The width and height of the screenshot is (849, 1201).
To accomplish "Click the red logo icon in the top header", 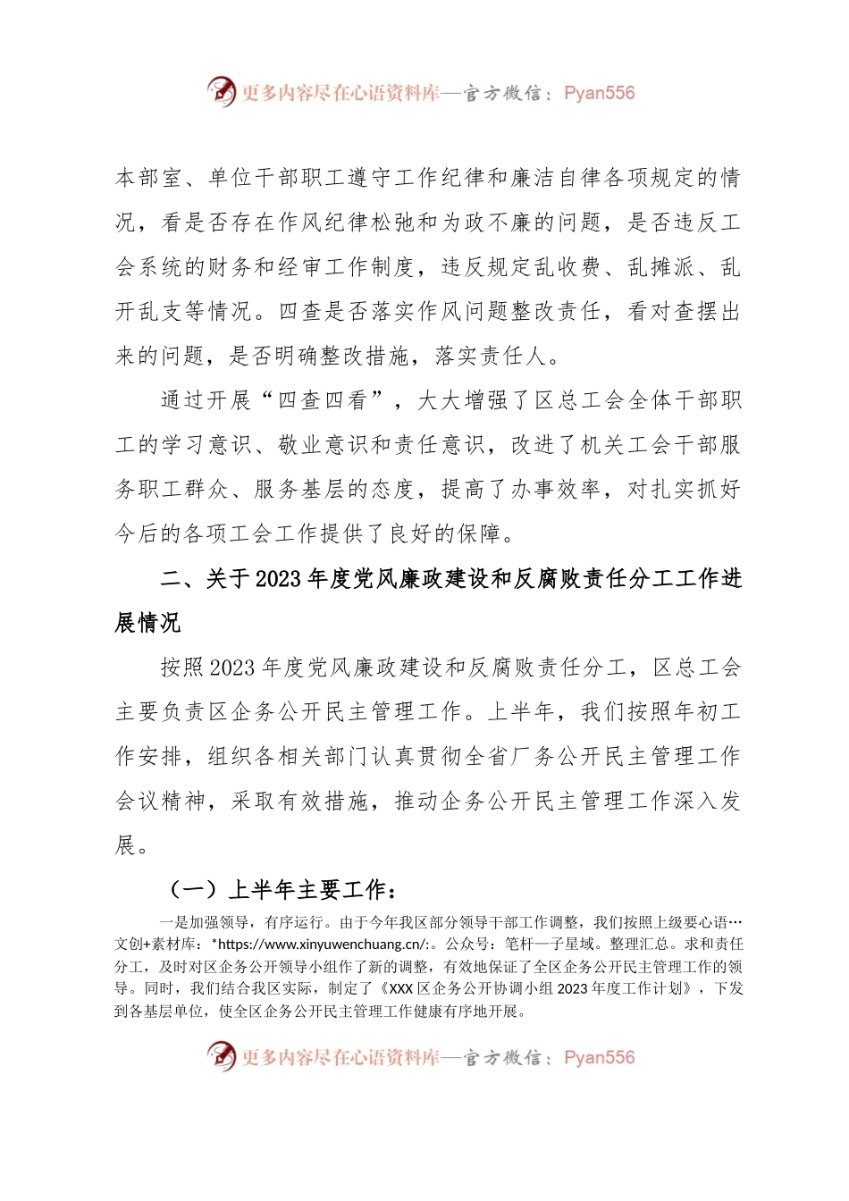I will [x=221, y=92].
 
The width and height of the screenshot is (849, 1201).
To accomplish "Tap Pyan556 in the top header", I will [x=599, y=93].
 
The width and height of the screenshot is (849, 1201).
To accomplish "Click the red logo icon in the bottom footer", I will [x=221, y=1056].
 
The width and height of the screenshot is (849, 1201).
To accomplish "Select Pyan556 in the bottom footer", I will [x=599, y=1057].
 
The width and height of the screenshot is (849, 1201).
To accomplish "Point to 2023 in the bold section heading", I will [x=278, y=579].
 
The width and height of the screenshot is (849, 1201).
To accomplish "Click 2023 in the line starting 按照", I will [x=232, y=668].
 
